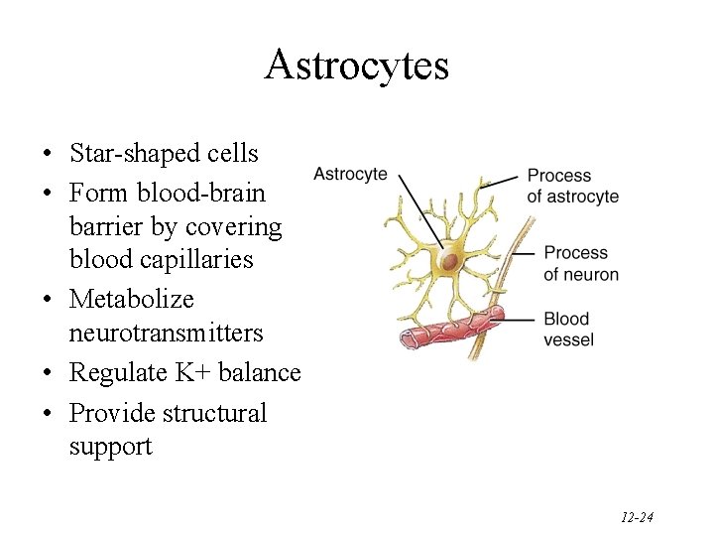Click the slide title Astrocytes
point(357,66)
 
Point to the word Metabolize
point(132,299)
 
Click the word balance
point(262,373)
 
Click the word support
point(110,447)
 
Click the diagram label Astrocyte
point(350,175)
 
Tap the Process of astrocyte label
point(573,186)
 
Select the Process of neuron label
point(580,263)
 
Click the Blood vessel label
point(567,329)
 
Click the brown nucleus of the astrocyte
point(449,262)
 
